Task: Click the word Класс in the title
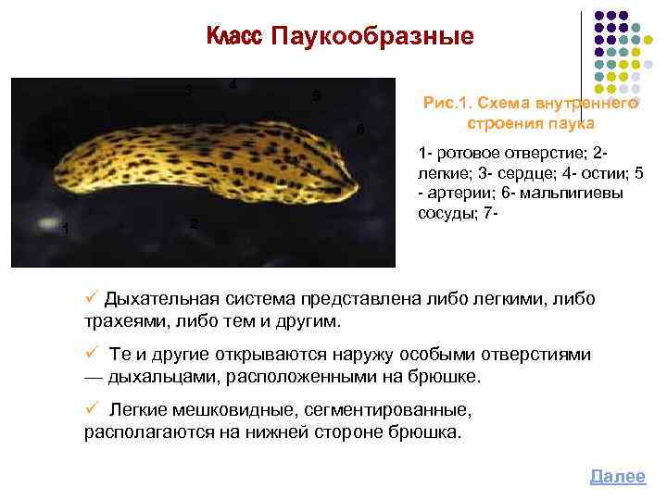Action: pos(233,37)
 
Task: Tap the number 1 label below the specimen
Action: pos(65,229)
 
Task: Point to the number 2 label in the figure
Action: pos(192,225)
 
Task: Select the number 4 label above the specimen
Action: pos(233,85)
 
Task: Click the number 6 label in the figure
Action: pos(359,128)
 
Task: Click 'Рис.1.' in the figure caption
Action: pos(447,105)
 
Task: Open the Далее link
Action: pos(617,476)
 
